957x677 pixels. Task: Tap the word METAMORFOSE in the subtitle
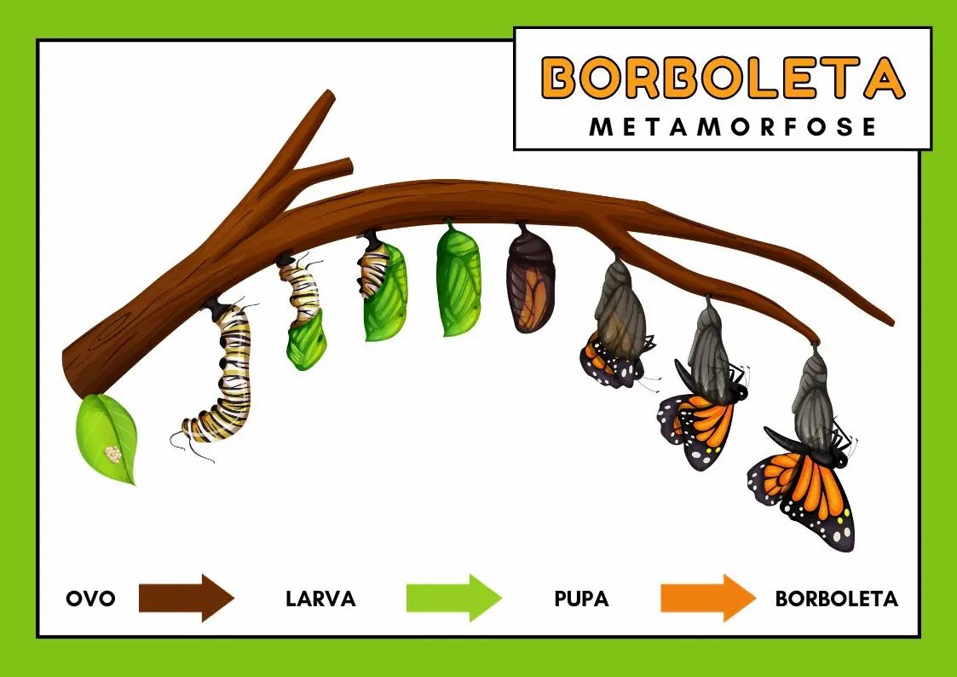(733, 127)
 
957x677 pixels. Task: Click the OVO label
(90, 599)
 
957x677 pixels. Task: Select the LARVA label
(320, 599)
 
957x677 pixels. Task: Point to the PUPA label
(581, 599)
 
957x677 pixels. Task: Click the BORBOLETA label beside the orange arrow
(836, 599)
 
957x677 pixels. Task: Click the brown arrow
(186, 597)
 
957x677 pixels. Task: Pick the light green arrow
(453, 597)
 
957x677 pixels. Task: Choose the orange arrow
(707, 597)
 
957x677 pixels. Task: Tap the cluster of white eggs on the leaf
(112, 454)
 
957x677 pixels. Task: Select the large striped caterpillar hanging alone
(223, 375)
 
